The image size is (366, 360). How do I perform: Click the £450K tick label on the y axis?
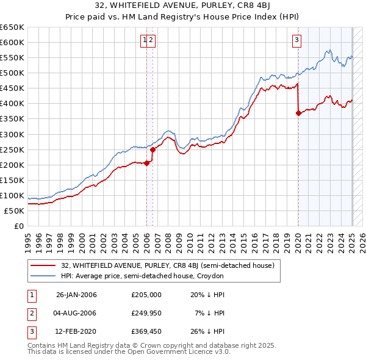[x=12, y=88]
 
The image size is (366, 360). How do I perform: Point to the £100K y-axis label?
[x=12, y=196]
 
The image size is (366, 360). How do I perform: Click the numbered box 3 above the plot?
[x=296, y=41]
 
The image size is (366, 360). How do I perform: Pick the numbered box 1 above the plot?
[x=145, y=41]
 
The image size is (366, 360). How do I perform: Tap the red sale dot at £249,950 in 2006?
[x=152, y=149]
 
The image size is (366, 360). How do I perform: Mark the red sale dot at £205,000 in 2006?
[x=147, y=163]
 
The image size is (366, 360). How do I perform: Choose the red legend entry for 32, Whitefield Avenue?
[x=168, y=265]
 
